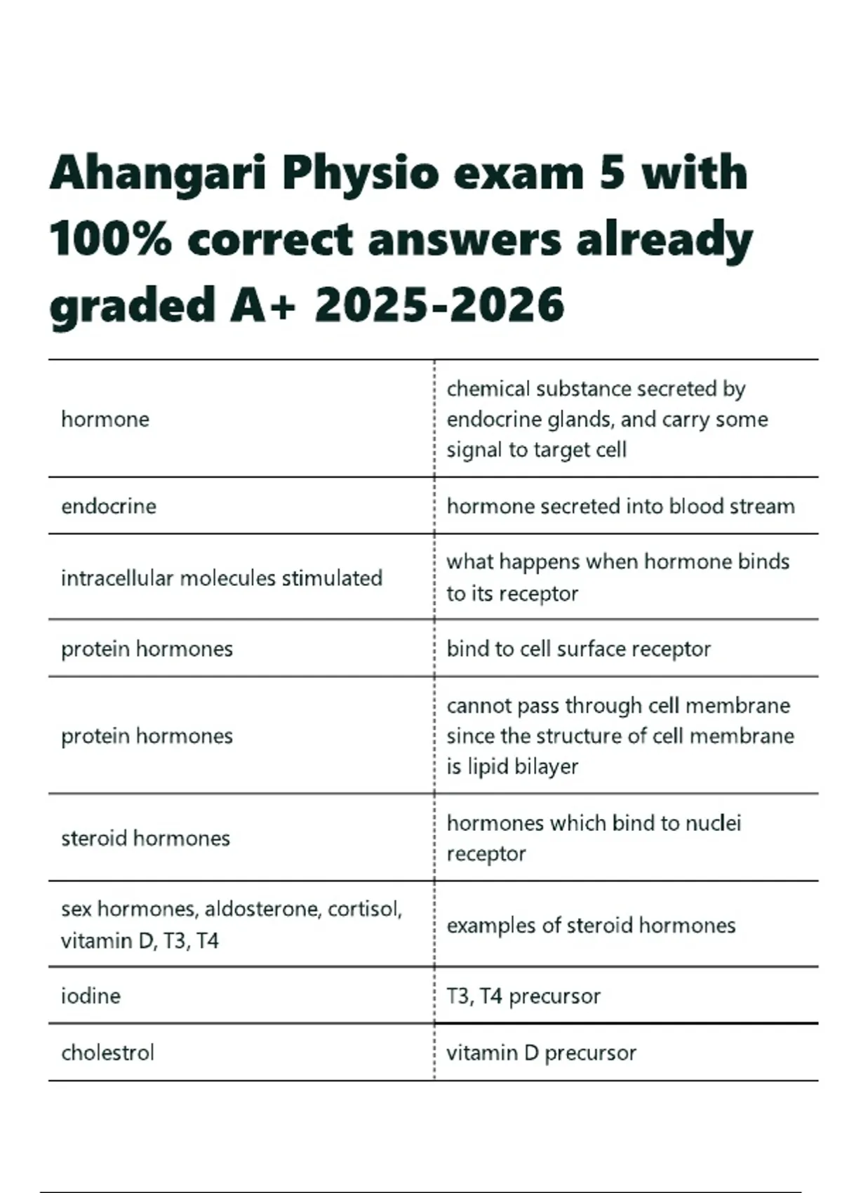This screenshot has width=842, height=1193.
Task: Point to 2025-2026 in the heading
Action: coord(439,305)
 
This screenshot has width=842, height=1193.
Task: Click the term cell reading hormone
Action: coord(105,420)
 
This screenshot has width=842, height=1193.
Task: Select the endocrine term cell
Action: coord(109,507)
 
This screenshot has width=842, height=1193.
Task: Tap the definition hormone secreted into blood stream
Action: coord(620,507)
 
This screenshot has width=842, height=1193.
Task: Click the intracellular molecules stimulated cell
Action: coord(222,578)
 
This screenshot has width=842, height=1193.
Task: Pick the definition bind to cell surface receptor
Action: coord(578,649)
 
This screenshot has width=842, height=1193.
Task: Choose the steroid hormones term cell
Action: coord(145,838)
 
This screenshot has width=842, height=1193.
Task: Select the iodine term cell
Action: coord(91,996)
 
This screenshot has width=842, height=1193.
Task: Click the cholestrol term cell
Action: coord(107,1053)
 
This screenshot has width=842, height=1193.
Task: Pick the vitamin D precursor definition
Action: coord(541,1053)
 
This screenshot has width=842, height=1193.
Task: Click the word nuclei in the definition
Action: coord(714,823)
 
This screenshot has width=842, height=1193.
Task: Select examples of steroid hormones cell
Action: coord(591,926)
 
